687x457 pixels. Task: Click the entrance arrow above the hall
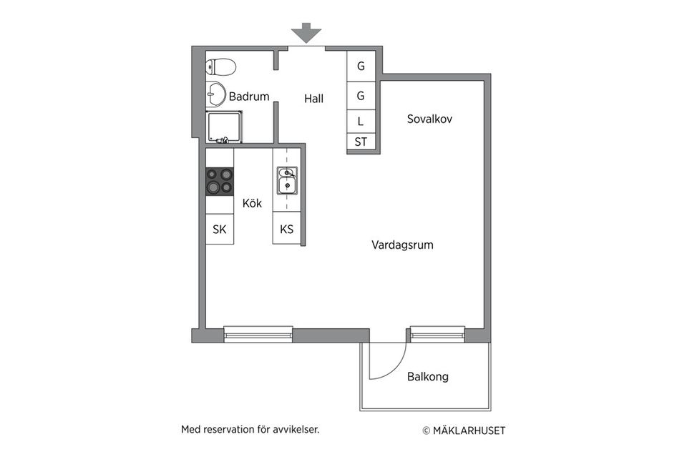coord(306,33)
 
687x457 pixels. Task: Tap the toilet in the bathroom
coord(221,68)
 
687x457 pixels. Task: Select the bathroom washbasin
coord(216,94)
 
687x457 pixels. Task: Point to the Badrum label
coord(248,97)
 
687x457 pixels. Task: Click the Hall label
coord(313,99)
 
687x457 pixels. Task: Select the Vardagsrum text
coord(402,245)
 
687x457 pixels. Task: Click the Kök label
coord(252,203)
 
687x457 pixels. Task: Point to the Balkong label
coord(428,376)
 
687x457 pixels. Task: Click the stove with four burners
coord(220,181)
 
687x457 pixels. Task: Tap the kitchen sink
coord(288,180)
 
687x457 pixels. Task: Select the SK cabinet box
coord(220,230)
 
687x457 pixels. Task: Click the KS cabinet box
coord(287,230)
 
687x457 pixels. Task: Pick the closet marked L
coord(361,122)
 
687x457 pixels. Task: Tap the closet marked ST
coord(361,142)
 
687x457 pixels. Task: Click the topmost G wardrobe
coord(361,67)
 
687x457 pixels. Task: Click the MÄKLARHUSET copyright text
coord(464,431)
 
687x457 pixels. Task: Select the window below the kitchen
coord(258,333)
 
